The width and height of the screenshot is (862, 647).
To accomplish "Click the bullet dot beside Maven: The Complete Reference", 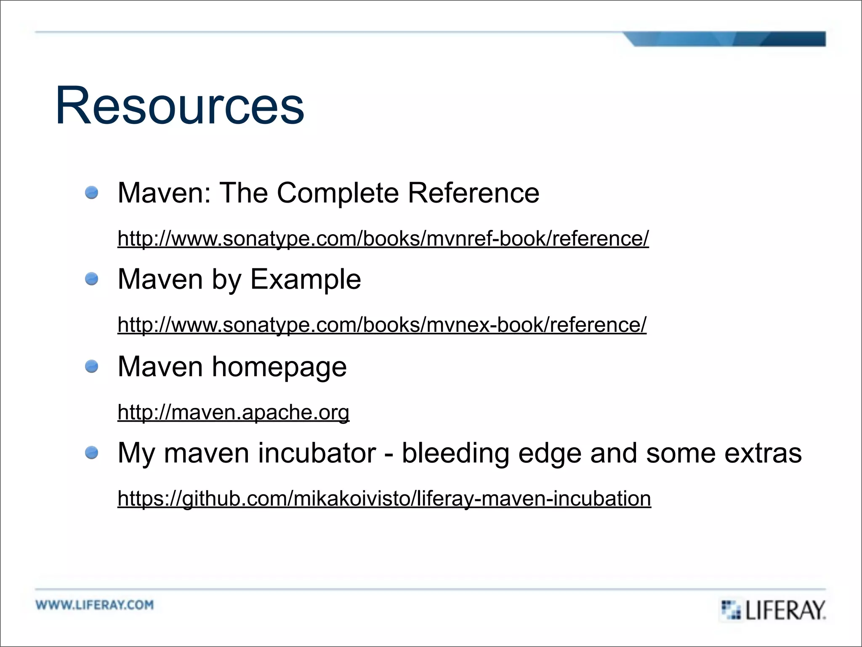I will coord(92,193).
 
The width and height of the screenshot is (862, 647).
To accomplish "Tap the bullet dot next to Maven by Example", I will coord(92,279).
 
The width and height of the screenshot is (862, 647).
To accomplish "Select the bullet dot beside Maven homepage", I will coord(92,366).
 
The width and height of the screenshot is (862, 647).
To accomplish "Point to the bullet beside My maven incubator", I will coord(92,453).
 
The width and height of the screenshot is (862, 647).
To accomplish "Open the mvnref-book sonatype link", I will coord(383,238).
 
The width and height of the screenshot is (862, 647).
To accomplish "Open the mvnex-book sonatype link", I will coord(382,325).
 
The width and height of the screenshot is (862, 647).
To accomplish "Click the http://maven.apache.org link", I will coord(233,412).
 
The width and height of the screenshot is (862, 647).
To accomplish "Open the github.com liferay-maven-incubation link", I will coord(384,498).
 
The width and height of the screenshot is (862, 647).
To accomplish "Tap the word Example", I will coord(306,279).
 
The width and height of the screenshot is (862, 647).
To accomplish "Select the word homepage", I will coord(279,367).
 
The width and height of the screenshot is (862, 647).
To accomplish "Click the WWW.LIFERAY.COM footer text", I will coord(95,605).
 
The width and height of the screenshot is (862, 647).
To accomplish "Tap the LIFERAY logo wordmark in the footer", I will coord(785,610).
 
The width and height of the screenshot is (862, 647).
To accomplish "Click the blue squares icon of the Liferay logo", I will coord(731,610).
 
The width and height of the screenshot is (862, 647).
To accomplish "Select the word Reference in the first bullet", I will coord(474,193).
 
